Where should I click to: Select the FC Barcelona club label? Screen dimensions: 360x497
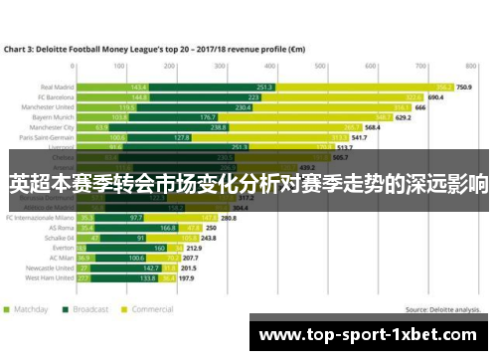click(x=56, y=98)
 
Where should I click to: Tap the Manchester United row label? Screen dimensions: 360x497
click(x=51, y=108)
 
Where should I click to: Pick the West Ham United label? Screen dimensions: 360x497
click(x=51, y=279)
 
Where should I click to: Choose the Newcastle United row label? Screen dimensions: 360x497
click(x=50, y=269)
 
